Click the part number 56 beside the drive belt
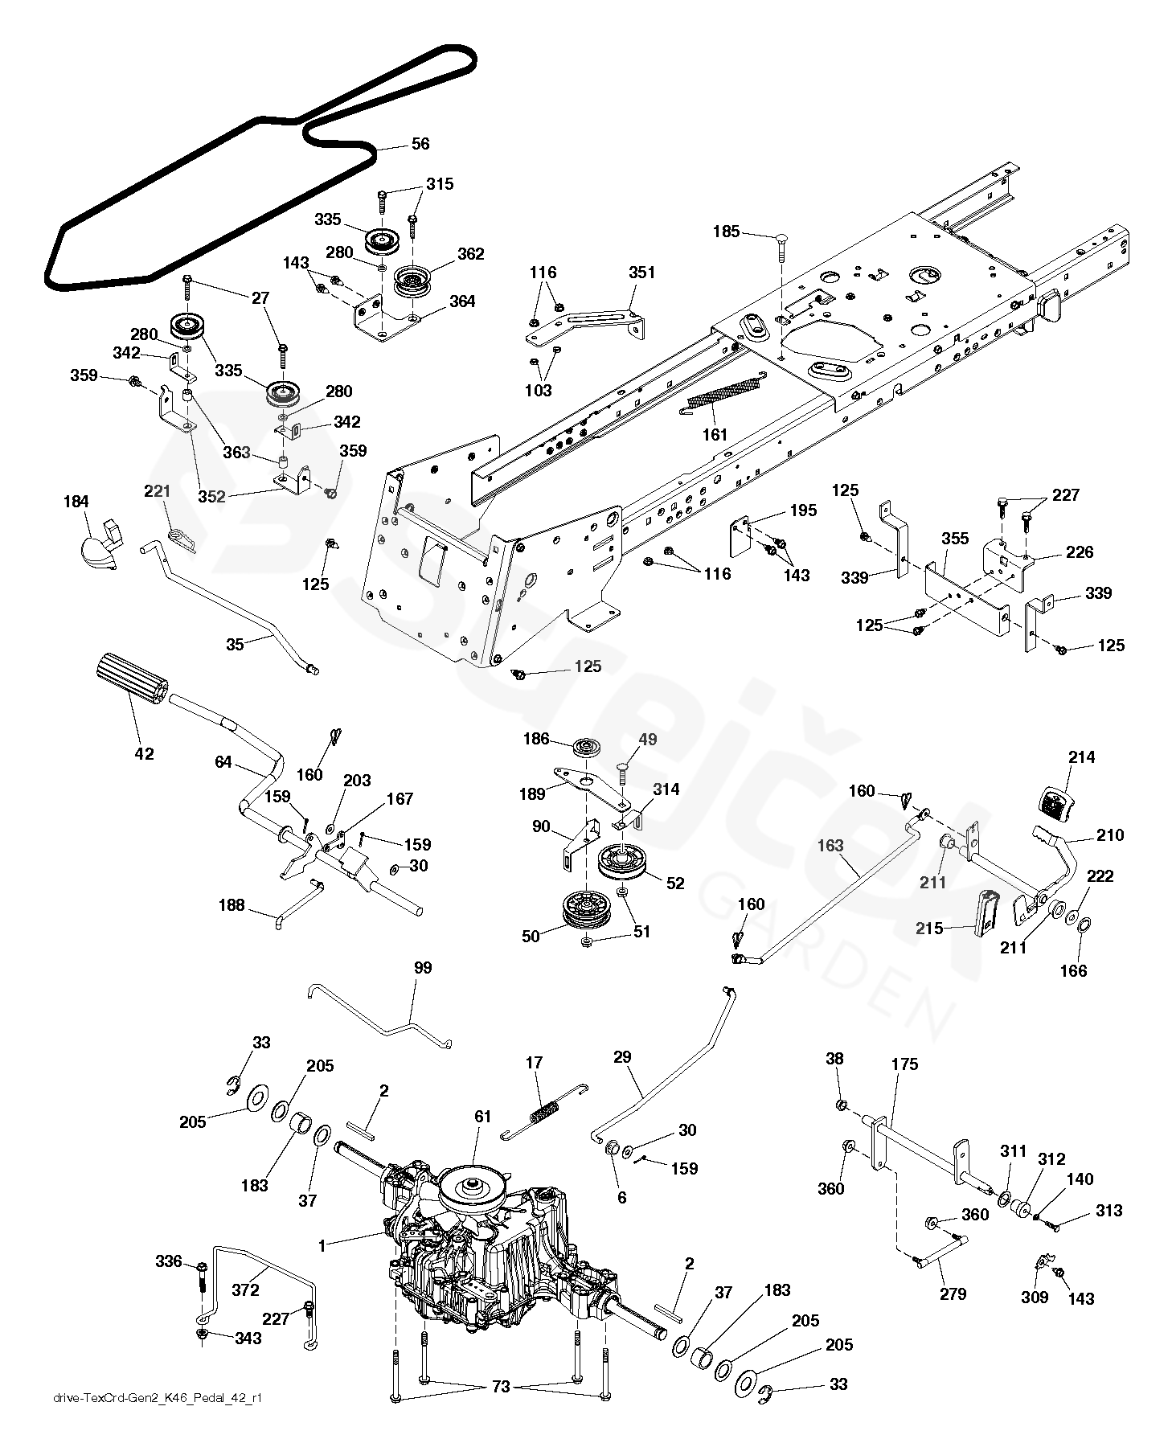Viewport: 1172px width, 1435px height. [420, 144]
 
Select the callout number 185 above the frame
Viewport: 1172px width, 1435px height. [727, 232]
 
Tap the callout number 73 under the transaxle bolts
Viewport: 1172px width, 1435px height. [501, 1388]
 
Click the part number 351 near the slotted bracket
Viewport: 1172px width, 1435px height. [642, 273]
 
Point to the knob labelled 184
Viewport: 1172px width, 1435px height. [100, 547]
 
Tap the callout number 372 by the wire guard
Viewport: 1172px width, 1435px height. [245, 1289]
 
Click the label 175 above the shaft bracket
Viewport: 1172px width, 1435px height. [904, 1064]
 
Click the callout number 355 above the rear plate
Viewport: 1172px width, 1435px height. [955, 539]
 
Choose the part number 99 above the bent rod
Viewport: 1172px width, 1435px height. [423, 968]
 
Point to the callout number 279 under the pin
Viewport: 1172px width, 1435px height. [953, 1294]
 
